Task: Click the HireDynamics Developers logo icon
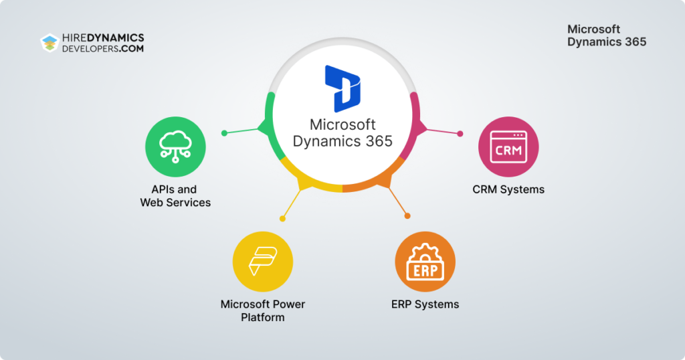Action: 50,43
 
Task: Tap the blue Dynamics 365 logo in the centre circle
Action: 342,88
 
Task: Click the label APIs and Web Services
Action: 175,196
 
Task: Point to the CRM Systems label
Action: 508,189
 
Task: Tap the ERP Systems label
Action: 425,304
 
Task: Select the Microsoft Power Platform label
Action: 263,310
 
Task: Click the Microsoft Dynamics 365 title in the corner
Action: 606,35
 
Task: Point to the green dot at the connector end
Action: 225,132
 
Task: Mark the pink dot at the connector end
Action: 460,133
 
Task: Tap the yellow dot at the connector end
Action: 283,218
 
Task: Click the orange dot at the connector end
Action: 407,215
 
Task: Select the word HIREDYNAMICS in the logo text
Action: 104,38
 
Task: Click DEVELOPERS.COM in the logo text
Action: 104,49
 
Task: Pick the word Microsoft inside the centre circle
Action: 342,125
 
